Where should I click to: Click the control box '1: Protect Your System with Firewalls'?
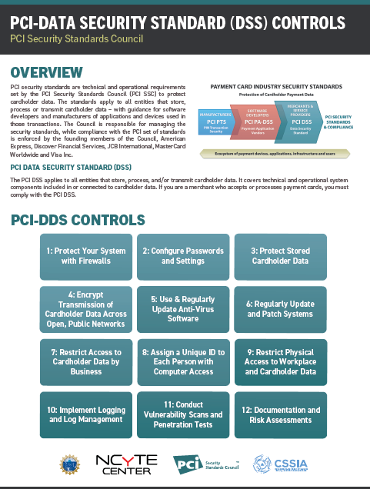(85, 256)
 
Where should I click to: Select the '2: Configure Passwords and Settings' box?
(182, 256)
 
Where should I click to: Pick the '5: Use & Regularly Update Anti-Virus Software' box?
(182, 308)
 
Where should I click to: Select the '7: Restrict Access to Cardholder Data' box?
(85, 362)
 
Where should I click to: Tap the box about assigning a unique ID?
(182, 362)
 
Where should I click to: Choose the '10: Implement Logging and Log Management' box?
(85, 414)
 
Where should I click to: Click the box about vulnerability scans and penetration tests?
(182, 414)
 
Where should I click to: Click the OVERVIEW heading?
(47, 73)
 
